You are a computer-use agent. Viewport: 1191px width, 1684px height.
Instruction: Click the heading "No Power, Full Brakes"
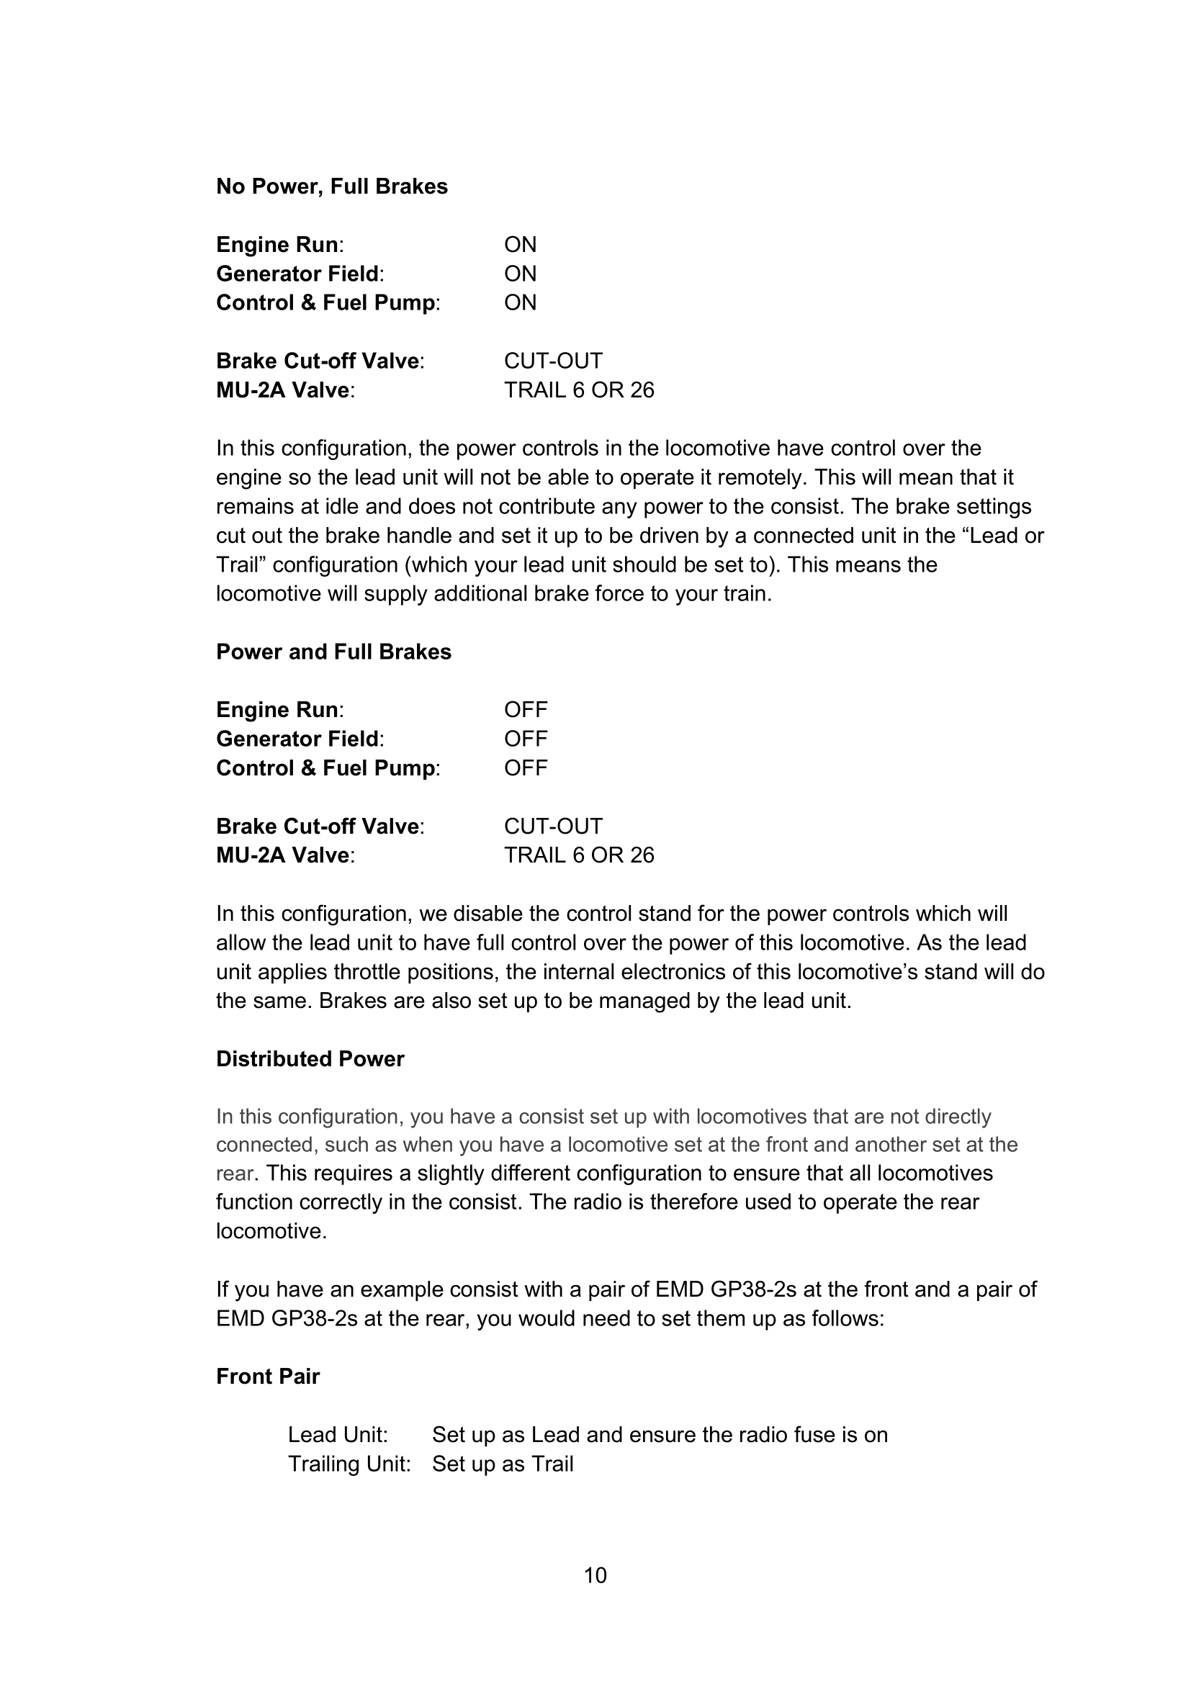pos(331,186)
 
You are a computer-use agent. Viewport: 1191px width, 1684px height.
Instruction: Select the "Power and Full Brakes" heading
pos(333,652)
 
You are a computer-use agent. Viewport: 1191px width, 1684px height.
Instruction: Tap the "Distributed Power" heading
pos(310,1059)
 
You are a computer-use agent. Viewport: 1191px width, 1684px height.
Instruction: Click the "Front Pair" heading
pos(268,1377)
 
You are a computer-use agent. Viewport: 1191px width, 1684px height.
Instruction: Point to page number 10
pos(595,1575)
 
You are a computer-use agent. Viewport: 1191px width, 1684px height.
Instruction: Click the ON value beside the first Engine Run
pos(520,244)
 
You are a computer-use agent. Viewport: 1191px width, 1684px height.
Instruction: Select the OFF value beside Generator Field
pos(525,739)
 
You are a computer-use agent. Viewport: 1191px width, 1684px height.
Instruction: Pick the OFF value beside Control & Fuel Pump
pos(525,768)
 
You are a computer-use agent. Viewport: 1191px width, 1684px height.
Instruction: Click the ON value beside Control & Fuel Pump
pos(520,302)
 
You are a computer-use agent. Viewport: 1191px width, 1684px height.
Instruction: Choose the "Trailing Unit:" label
pos(349,1464)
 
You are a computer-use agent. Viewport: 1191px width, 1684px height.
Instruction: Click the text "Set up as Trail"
pos(503,1464)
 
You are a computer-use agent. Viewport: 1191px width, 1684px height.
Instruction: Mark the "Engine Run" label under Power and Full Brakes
pos(277,710)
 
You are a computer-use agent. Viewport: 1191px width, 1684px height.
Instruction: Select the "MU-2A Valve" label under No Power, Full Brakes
pos(282,390)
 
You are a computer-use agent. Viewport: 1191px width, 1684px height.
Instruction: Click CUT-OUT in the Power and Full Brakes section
pos(553,827)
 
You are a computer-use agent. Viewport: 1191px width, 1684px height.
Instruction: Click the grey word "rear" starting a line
pos(234,1174)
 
